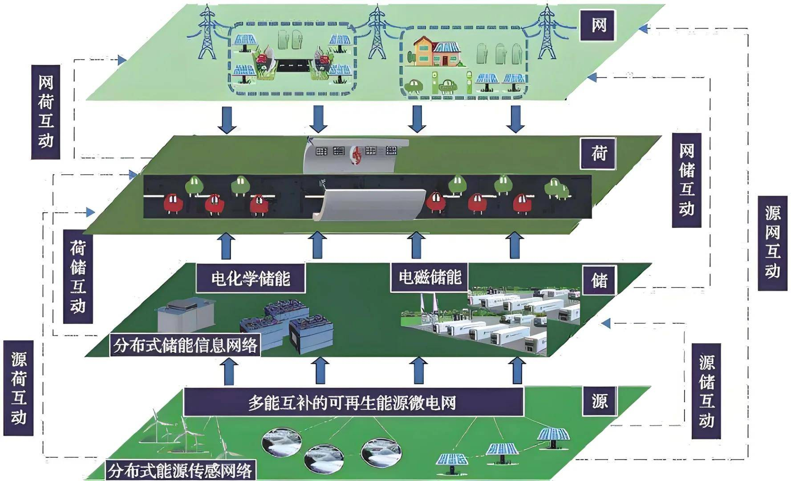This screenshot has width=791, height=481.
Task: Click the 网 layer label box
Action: click(x=598, y=25)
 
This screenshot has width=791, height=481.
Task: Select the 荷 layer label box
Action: click(x=598, y=153)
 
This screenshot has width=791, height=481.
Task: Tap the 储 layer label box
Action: click(x=599, y=280)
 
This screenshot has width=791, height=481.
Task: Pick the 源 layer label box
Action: click(x=599, y=401)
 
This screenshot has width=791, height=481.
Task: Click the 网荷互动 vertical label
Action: click(x=45, y=112)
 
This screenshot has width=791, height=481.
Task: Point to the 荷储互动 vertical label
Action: click(x=78, y=276)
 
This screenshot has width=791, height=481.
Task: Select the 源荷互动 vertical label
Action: click(x=19, y=388)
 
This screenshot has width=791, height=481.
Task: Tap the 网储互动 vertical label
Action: click(x=686, y=180)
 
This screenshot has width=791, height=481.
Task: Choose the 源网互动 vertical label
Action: click(x=772, y=243)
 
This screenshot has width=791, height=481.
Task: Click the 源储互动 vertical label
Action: click(x=706, y=391)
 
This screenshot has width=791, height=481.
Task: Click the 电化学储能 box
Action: click(x=251, y=278)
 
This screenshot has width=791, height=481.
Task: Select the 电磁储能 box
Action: click(x=430, y=277)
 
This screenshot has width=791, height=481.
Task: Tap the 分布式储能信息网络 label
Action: click(x=185, y=345)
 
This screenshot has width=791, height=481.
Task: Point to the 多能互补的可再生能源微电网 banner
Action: click(x=353, y=403)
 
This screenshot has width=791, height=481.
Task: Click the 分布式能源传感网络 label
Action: click(x=180, y=470)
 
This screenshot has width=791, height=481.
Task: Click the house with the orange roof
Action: click(x=426, y=51)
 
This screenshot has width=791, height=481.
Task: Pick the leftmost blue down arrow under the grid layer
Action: click(x=227, y=119)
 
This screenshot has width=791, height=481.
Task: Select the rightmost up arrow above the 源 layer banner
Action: click(x=516, y=370)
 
